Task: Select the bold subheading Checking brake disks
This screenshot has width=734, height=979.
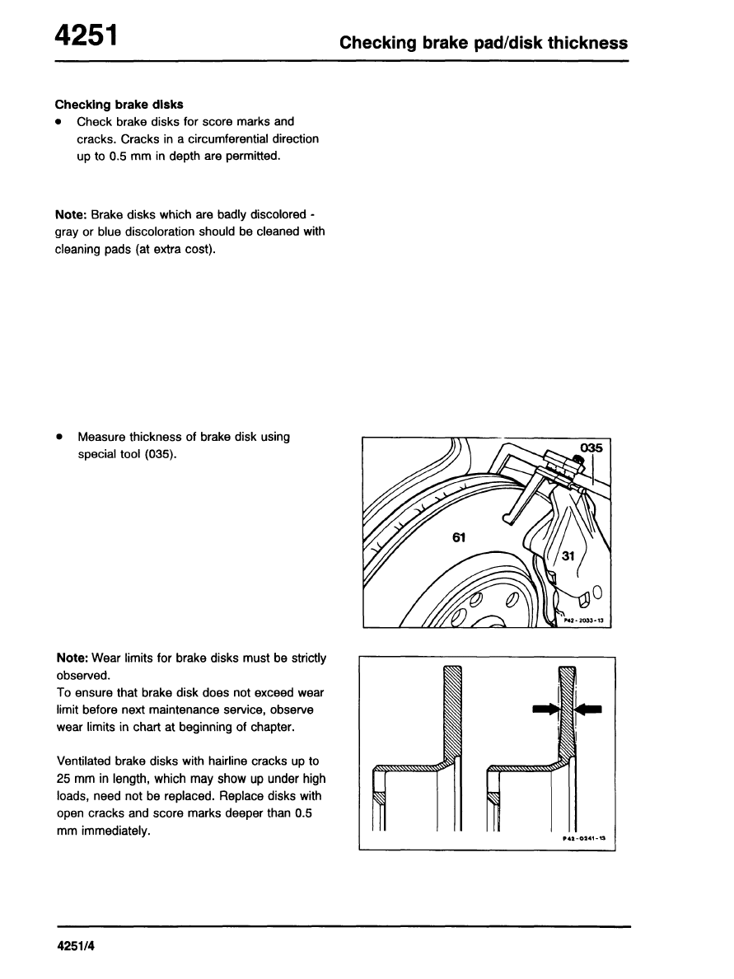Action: pyautogui.click(x=119, y=105)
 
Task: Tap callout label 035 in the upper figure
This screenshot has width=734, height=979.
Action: pyautogui.click(x=591, y=448)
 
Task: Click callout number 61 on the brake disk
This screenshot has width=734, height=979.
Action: pyautogui.click(x=459, y=537)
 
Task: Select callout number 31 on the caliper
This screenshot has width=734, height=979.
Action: pyautogui.click(x=568, y=556)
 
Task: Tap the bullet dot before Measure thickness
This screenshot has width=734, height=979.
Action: pyautogui.click(x=60, y=437)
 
